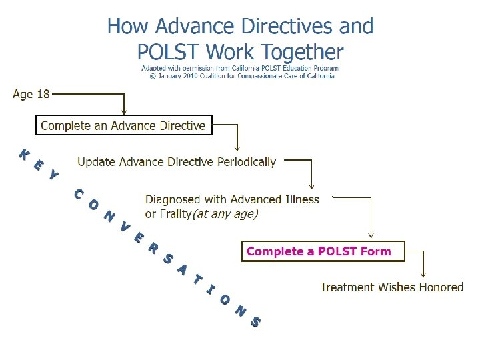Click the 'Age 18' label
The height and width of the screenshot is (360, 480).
(x=31, y=94)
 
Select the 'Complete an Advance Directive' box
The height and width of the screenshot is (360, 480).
(x=123, y=125)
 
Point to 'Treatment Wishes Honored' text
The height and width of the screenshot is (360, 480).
(x=392, y=287)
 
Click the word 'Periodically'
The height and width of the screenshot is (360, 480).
(x=245, y=162)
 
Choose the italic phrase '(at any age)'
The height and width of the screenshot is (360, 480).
(x=225, y=214)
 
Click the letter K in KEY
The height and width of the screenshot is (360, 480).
(x=24, y=155)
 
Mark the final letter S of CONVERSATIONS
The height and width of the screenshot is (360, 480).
(x=255, y=322)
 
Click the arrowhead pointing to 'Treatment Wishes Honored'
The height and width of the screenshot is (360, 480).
(x=423, y=274)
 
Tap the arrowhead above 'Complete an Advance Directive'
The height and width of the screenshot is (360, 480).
(x=123, y=112)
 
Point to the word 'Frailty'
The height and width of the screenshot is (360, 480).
(x=169, y=214)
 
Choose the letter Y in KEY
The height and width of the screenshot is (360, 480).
(x=54, y=177)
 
